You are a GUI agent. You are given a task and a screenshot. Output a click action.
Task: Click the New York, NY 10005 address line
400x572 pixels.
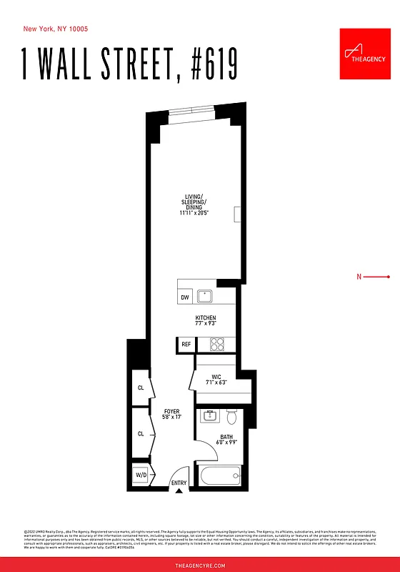(x=56, y=29)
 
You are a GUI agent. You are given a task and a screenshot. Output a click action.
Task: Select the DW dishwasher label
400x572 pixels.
(x=184, y=297)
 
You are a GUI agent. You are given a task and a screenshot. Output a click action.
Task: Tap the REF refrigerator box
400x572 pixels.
(x=186, y=345)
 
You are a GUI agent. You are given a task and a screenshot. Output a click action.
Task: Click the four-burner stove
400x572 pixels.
(x=217, y=344)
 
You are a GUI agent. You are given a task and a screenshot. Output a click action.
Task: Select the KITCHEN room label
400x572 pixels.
(x=206, y=318)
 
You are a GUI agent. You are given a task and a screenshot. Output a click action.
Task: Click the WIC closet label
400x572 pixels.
(x=215, y=378)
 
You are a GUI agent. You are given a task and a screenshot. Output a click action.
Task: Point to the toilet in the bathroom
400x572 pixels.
(x=231, y=415)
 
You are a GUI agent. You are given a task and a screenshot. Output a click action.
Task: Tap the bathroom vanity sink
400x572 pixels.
(x=210, y=415)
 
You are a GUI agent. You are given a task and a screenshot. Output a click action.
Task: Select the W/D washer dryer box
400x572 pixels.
(x=140, y=475)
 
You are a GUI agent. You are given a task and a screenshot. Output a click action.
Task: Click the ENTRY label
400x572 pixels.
(x=179, y=483)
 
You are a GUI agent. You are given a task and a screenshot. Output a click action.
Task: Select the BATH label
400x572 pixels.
(x=226, y=436)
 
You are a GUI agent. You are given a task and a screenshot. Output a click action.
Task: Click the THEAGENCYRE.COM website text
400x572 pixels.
(x=200, y=565)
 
